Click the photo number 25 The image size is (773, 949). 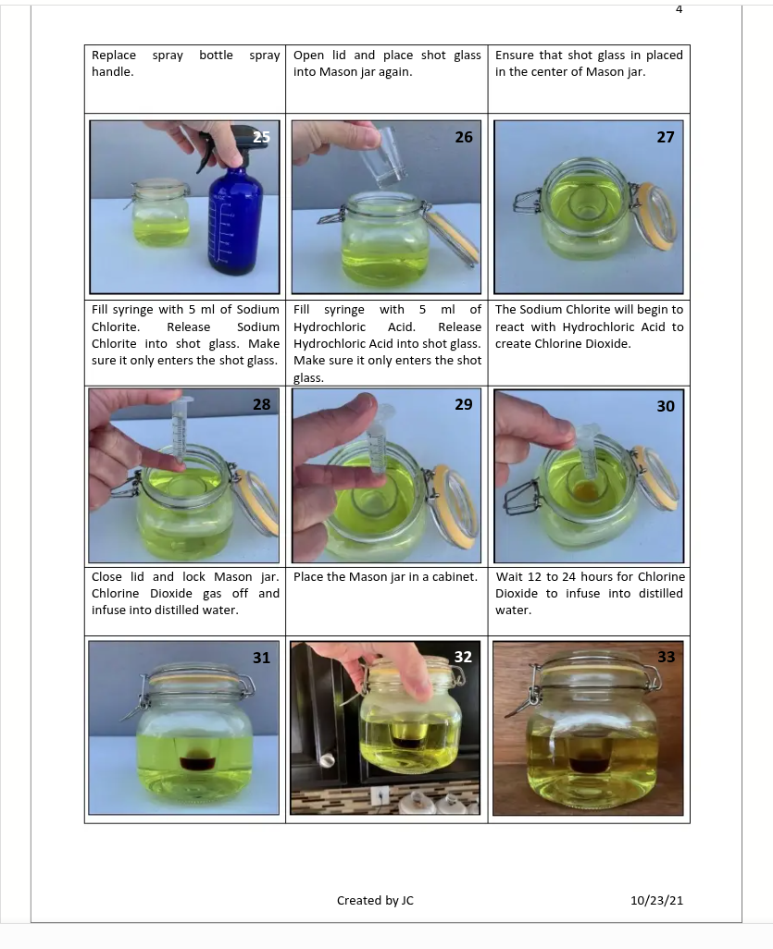(x=261, y=137)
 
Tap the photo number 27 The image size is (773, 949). (x=666, y=137)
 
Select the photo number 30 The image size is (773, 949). (x=666, y=405)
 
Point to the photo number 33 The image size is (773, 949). (x=666, y=657)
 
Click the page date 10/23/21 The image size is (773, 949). (x=656, y=900)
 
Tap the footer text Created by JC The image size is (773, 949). (x=375, y=900)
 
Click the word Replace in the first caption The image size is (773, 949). (x=114, y=55)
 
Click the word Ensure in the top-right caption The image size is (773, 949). (x=515, y=55)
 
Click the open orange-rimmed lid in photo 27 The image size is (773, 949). (x=658, y=216)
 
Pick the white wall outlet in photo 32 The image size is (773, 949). (x=380, y=794)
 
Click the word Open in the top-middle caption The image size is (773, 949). (x=308, y=56)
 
